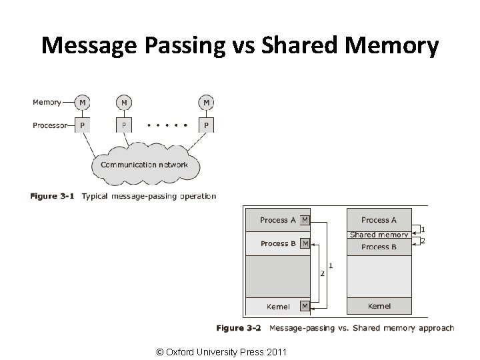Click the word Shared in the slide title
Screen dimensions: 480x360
pos(300,45)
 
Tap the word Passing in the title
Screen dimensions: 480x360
pos(185,47)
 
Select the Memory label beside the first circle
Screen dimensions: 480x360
pos(47,103)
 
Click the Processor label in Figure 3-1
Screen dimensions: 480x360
pos(50,125)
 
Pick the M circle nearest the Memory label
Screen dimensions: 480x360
pos(83,103)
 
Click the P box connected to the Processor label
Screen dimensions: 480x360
pos(83,125)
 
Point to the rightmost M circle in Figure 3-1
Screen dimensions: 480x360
pos(206,103)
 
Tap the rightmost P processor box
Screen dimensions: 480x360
pos(206,125)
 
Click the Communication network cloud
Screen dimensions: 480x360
pos(146,165)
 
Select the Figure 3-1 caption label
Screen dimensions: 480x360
pos(52,196)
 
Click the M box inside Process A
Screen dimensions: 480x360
pos(305,220)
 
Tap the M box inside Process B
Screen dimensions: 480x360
pos(305,243)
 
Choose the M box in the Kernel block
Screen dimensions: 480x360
pos(305,306)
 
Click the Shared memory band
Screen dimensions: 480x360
pos(379,235)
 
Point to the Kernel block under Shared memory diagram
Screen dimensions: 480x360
pos(379,306)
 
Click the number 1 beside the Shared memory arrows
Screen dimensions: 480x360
pos(423,229)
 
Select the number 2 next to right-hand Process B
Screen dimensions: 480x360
pos(423,241)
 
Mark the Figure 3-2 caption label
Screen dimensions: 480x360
pos(239,328)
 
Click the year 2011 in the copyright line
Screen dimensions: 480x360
pos(277,352)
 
